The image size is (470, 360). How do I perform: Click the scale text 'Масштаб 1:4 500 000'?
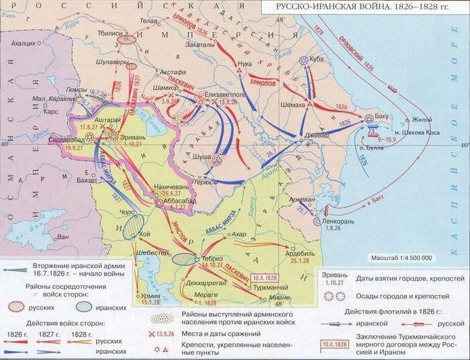point(402,258)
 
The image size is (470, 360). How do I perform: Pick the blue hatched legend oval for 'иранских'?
point(83,307)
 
